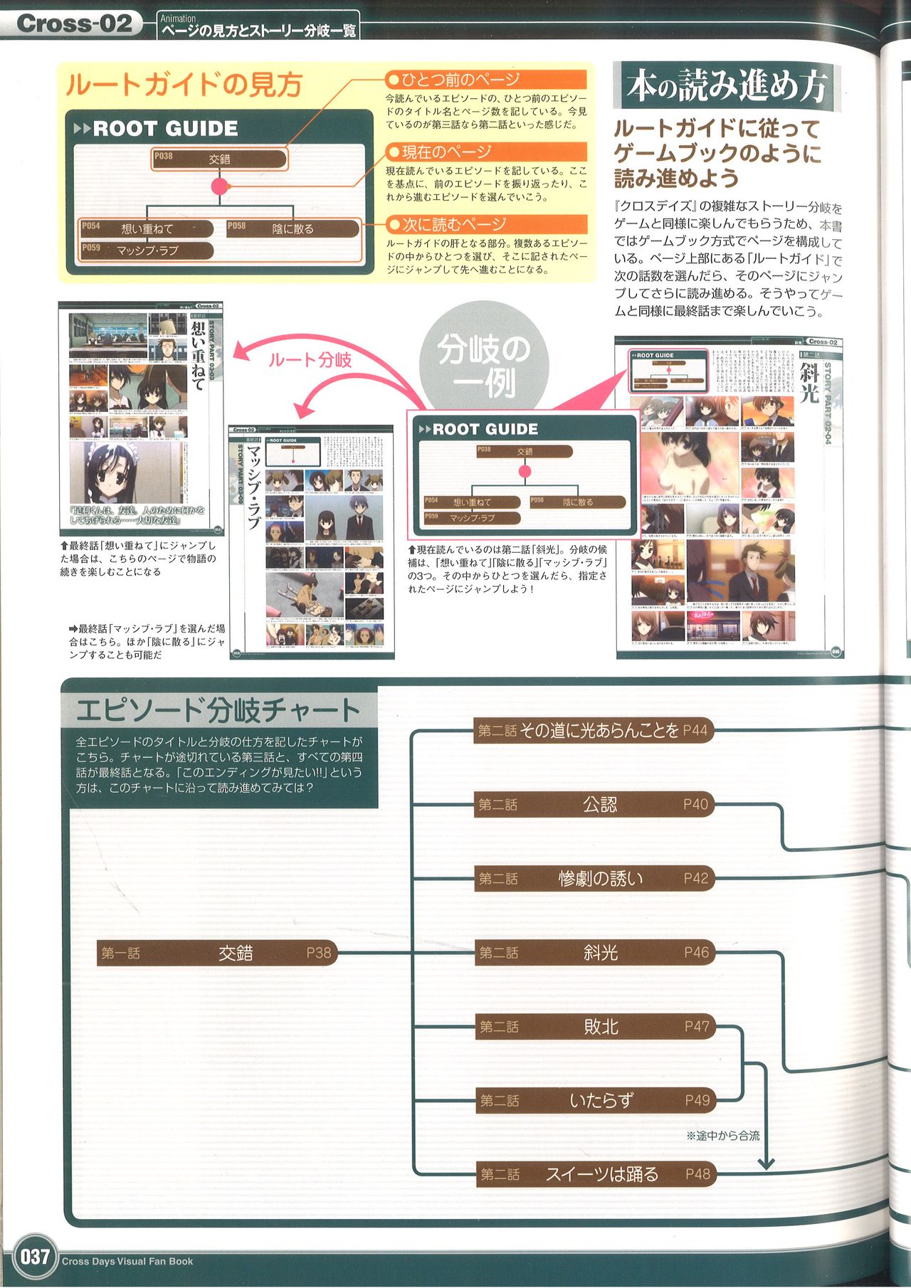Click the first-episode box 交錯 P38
pos(216,952)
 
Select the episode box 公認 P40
pos(594,804)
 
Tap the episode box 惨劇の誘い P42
pos(594,878)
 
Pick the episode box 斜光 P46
pos(594,952)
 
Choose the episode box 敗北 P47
pos(594,1026)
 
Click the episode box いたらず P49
pos(594,1100)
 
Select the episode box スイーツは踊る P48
pos(594,1174)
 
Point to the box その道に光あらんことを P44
pos(594,730)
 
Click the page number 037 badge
pos(33,1256)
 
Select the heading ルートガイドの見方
pos(184,85)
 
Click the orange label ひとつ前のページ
pos(486,79)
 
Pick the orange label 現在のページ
pos(486,152)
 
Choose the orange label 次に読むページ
pos(486,224)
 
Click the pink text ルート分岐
pos(310,359)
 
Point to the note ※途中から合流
pos(722,1136)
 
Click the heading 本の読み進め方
pos(726,85)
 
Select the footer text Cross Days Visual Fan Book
pos(127,1261)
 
